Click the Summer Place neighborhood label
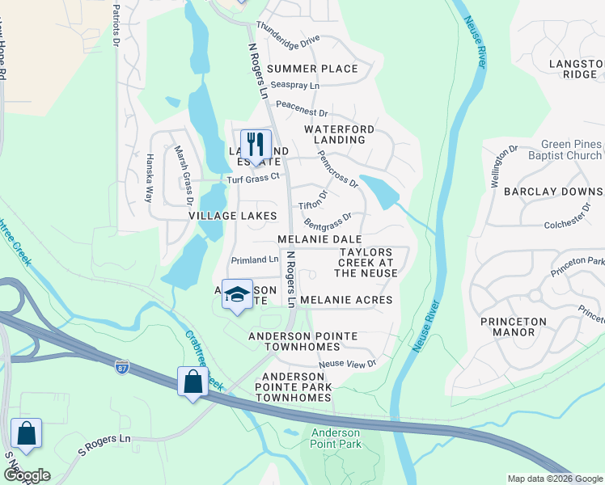coord(312,69)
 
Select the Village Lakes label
coord(233,216)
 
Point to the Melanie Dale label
coord(319,240)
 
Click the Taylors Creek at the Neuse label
coord(366,263)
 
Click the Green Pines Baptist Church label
coord(565,150)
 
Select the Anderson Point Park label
coord(336,438)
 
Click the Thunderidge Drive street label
coord(289,38)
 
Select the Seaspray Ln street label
coord(295,85)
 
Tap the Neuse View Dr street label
coord(348,364)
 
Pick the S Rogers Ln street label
coord(104,449)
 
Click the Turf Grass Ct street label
coord(252,178)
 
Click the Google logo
coord(26,475)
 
